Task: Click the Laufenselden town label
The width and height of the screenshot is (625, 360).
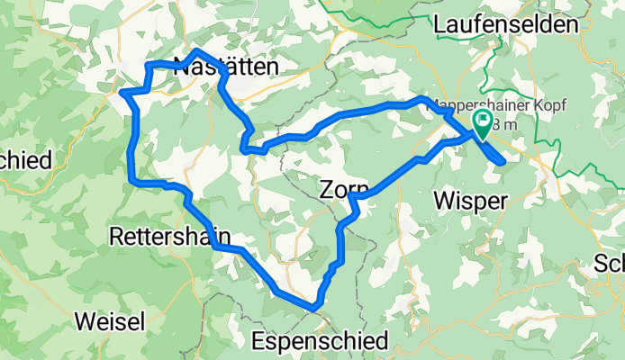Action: click(504, 25)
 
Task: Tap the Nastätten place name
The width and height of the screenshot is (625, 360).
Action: click(225, 66)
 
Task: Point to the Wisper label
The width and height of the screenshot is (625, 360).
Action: click(468, 200)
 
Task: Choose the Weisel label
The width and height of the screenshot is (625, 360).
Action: click(110, 320)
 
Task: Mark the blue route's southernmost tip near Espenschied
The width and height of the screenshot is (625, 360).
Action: click(314, 308)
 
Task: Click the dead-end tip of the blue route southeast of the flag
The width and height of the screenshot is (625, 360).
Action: click(502, 161)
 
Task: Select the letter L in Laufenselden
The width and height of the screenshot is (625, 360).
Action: click(439, 25)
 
